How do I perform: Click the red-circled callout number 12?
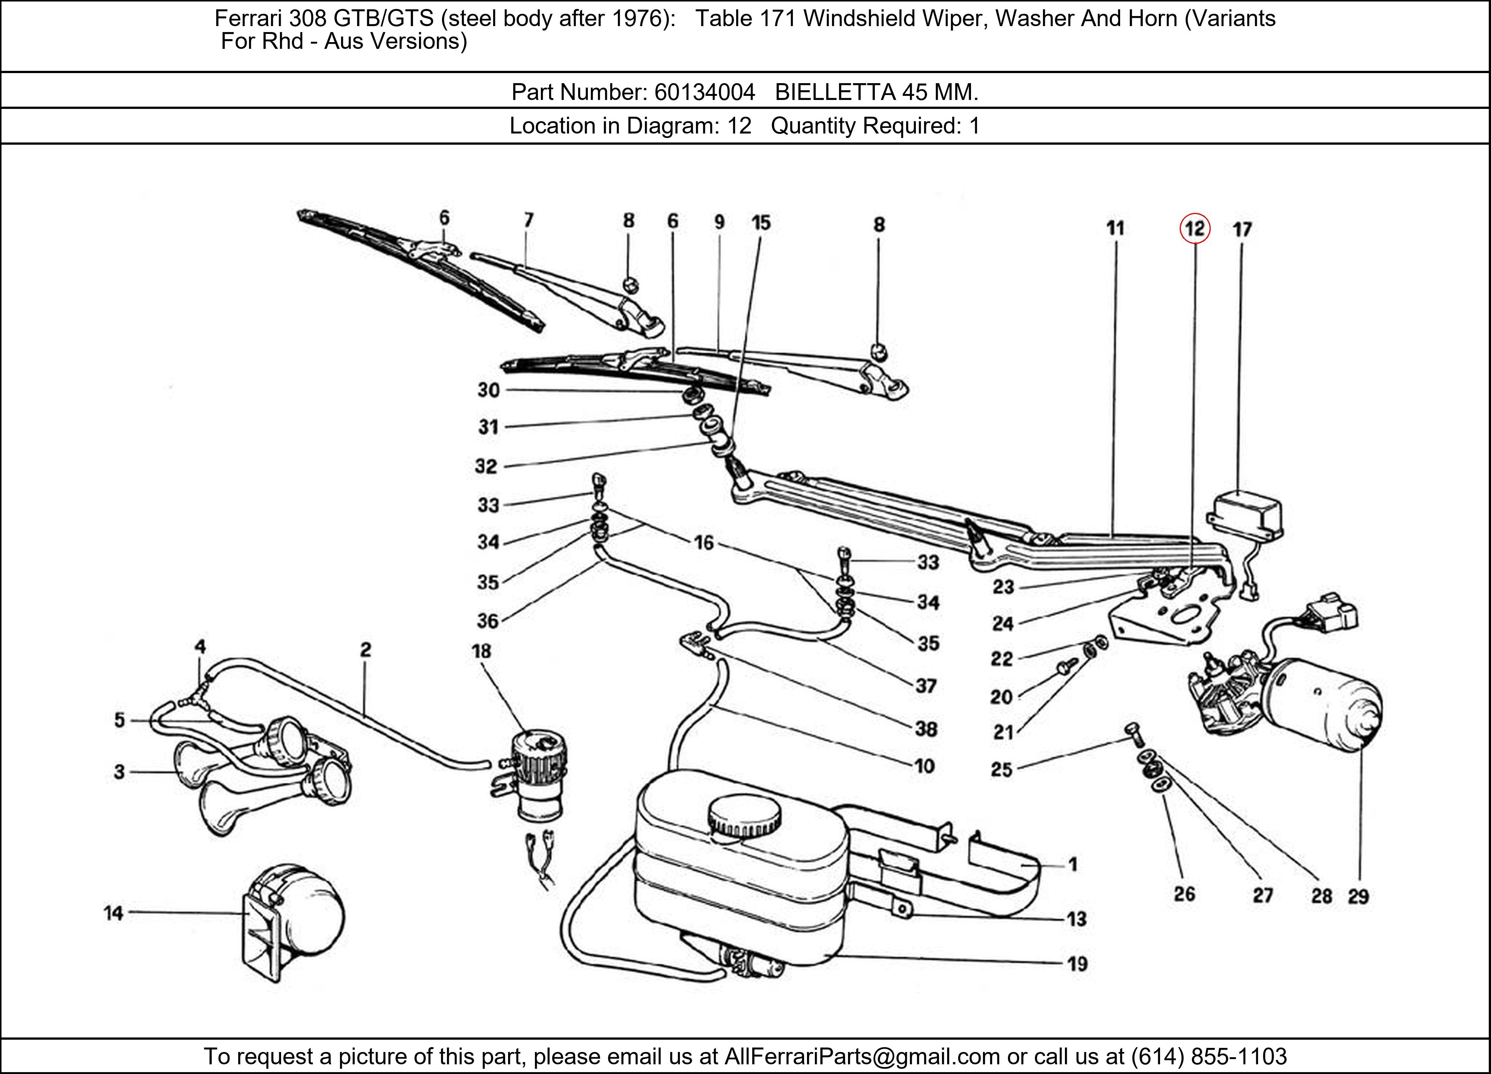tap(1195, 229)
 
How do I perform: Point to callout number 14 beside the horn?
tap(113, 913)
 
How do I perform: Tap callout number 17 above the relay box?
tap(1242, 230)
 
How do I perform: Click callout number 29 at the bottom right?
tap(1358, 896)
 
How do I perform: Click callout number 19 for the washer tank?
tap(1077, 964)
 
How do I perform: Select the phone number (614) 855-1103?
tap(1208, 1056)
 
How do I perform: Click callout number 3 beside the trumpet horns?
tap(119, 772)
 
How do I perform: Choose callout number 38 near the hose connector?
tap(926, 729)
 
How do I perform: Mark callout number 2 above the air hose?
tap(366, 650)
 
